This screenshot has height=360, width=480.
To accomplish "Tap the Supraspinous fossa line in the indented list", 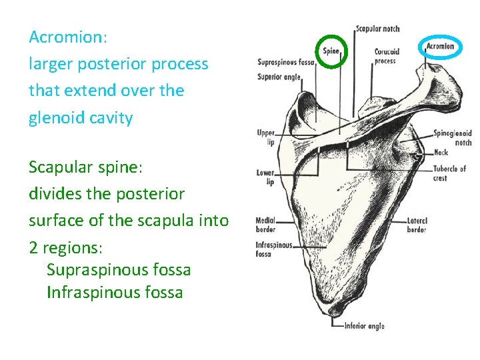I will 119,270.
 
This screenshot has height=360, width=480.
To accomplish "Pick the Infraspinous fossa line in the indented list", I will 115,292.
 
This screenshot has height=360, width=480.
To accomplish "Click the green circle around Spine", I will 331,51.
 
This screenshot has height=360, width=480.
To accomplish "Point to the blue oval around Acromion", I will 440,47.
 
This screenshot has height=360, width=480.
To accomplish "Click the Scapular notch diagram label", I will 377,29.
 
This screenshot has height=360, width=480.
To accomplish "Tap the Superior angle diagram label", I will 279,76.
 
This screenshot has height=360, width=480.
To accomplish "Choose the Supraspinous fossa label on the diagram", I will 285,63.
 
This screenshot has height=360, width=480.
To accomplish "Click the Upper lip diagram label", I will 265,137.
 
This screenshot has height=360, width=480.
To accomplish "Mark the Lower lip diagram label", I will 265,177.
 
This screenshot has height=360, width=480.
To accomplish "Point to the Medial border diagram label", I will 267,225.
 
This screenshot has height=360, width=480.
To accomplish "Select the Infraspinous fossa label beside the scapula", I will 274,249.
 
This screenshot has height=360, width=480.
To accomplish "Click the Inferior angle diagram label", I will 364,326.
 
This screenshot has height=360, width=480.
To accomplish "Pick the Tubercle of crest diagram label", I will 449,173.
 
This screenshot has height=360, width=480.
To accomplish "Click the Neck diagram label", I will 441,153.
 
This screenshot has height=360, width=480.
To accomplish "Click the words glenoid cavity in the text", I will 81,119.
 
